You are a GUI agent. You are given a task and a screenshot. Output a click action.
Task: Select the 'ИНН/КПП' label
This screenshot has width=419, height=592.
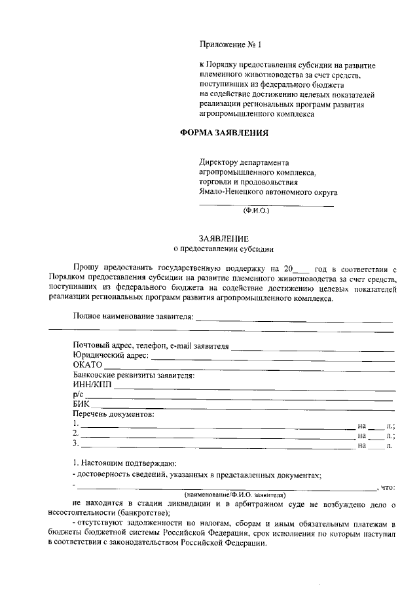point(92,385)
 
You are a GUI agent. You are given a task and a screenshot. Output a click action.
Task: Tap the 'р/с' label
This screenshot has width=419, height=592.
point(79,395)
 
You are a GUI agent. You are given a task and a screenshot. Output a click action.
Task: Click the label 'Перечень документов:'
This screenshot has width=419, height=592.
point(113,415)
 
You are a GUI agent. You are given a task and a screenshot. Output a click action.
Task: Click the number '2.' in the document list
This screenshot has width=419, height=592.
point(76,434)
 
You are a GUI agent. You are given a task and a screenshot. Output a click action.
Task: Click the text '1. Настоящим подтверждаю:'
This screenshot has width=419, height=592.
point(120,462)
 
